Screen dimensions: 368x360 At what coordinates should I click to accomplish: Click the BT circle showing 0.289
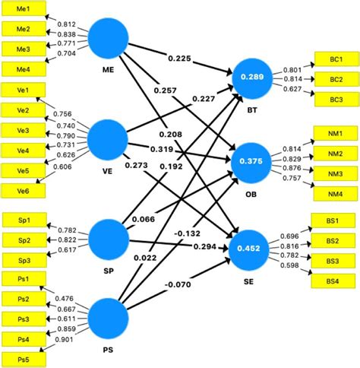pyautogui.click(x=251, y=78)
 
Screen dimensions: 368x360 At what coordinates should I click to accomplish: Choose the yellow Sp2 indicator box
pyautogui.click(x=24, y=240)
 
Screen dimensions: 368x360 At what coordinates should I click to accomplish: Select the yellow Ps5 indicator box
pyautogui.click(x=24, y=358)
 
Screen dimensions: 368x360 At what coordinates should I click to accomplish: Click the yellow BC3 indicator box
pyautogui.click(x=333, y=98)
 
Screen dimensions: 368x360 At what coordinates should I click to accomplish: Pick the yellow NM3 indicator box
pyautogui.click(x=333, y=175)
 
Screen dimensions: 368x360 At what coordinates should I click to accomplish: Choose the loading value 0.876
pyautogui.click(x=293, y=169)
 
